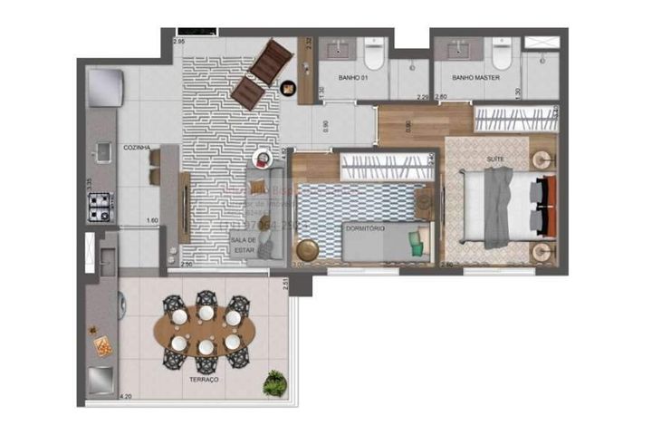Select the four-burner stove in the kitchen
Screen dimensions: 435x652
pyautogui.click(x=99, y=208)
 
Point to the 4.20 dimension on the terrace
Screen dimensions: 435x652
pyautogui.click(x=125, y=396)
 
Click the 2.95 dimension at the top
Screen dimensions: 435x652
pyautogui.click(x=178, y=42)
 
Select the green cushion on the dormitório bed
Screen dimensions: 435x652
pyautogui.click(x=416, y=239)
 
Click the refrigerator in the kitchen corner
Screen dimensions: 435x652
pyautogui.click(x=100, y=86)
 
